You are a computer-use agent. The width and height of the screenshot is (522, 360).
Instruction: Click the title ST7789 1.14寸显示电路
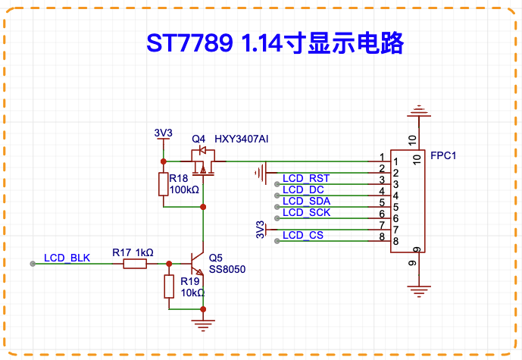(x=275, y=43)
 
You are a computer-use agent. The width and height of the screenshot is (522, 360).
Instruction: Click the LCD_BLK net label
(x=67, y=258)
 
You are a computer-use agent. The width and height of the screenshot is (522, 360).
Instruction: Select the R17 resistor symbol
(x=135, y=264)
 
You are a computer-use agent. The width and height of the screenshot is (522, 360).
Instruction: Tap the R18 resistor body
(x=163, y=184)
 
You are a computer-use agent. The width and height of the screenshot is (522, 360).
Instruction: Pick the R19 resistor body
(x=169, y=286)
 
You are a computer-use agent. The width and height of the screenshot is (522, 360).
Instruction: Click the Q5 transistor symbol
(x=197, y=263)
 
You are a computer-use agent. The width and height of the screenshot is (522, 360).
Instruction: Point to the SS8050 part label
(x=227, y=269)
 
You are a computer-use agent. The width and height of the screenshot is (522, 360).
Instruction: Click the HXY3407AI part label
(x=242, y=139)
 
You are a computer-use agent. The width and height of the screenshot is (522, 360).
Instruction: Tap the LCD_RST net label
(x=306, y=179)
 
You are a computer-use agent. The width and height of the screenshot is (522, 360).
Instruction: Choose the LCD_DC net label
(x=303, y=189)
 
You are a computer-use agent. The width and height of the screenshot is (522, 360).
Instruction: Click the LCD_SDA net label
(x=306, y=201)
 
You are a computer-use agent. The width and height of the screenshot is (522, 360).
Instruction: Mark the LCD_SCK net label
(x=306, y=212)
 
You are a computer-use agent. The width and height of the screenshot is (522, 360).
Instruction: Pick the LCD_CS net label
(x=303, y=235)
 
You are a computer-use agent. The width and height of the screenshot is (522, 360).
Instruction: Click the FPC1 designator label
(x=443, y=155)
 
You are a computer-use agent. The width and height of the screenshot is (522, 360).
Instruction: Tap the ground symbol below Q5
(x=203, y=324)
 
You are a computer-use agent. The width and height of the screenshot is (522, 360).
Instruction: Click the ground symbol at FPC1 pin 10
(x=419, y=111)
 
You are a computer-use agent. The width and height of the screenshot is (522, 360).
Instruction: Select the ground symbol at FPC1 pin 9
(x=419, y=291)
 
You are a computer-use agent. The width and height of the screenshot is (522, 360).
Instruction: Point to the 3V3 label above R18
(x=163, y=133)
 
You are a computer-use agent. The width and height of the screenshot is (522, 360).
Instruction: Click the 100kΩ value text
(x=184, y=189)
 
